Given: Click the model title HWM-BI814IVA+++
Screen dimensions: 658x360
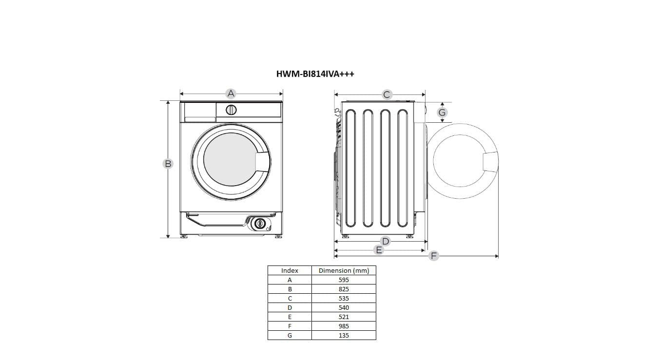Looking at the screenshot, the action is (315, 74).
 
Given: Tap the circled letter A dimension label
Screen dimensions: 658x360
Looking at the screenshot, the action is (231, 94).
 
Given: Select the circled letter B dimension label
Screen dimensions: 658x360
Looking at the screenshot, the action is (168, 164).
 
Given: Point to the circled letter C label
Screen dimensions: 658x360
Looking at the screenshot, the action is (387, 95).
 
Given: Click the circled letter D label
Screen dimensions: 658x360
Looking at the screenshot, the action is (386, 241).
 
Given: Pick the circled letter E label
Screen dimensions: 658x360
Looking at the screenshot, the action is (379, 250).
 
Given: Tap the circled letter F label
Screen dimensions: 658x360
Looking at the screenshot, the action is (434, 256).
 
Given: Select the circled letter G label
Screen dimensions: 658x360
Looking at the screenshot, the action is (442, 112).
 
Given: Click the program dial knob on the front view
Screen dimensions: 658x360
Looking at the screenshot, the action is (231, 110).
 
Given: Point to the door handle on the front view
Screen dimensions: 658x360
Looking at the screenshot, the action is (262, 162).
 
